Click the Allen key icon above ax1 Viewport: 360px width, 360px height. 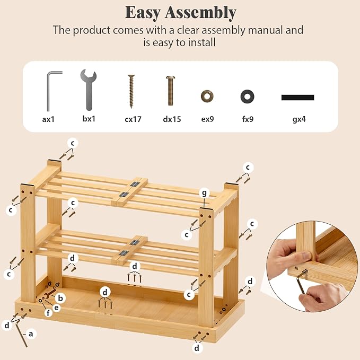(x=48, y=92)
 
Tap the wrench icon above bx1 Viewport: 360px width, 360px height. (x=89, y=90)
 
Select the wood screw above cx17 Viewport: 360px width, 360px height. (x=131, y=91)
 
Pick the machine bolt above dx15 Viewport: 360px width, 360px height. (x=170, y=91)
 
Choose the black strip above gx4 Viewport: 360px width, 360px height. (x=297, y=98)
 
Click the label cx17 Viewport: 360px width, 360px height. (x=133, y=119)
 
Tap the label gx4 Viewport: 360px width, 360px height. (x=299, y=119)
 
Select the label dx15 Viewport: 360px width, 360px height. (x=172, y=119)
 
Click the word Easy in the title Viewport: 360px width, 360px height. (x=143, y=13)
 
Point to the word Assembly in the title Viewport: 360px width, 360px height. (x=200, y=13)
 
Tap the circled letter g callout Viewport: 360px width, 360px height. (x=204, y=194)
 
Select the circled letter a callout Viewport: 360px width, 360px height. (x=31, y=334)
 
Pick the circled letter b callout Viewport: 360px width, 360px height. (x=60, y=298)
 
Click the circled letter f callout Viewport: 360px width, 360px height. (x=48, y=312)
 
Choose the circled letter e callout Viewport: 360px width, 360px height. (x=57, y=307)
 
